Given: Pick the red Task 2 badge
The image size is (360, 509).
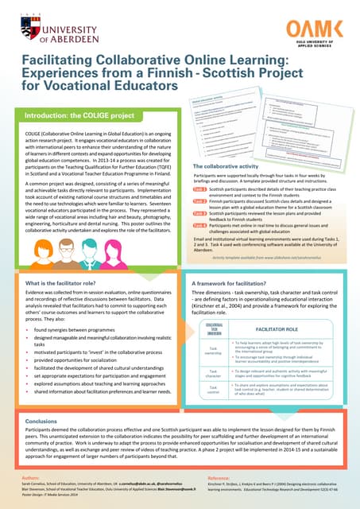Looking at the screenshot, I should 199,203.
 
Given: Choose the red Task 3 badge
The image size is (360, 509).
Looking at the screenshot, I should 199,214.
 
